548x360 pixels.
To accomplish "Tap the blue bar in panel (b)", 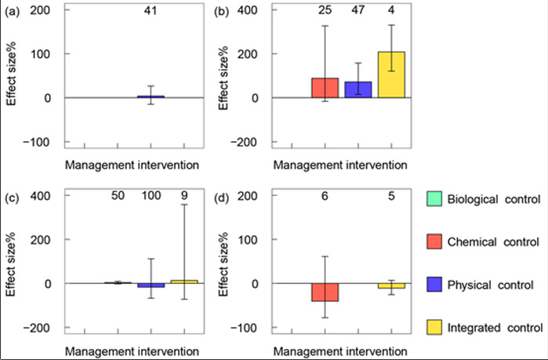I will (x=358, y=89).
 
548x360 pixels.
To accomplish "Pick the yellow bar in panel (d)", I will (x=391, y=285).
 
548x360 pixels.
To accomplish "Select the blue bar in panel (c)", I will (x=151, y=285).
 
